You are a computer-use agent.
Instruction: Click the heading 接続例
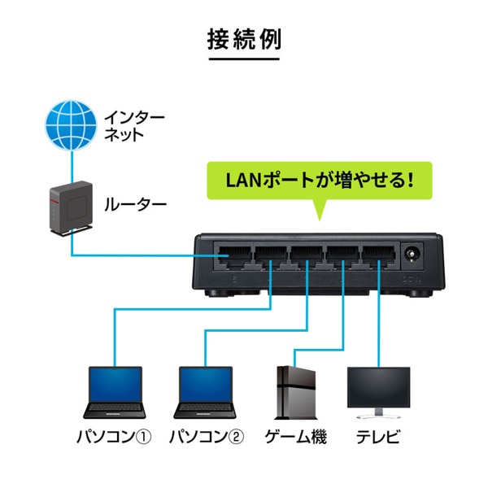click(x=244, y=39)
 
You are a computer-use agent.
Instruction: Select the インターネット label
click(x=133, y=125)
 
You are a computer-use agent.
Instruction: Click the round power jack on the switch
click(x=413, y=257)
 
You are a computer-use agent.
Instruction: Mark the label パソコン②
click(x=206, y=438)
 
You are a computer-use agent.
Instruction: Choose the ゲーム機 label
click(x=296, y=438)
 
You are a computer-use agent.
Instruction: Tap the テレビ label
click(x=378, y=438)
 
